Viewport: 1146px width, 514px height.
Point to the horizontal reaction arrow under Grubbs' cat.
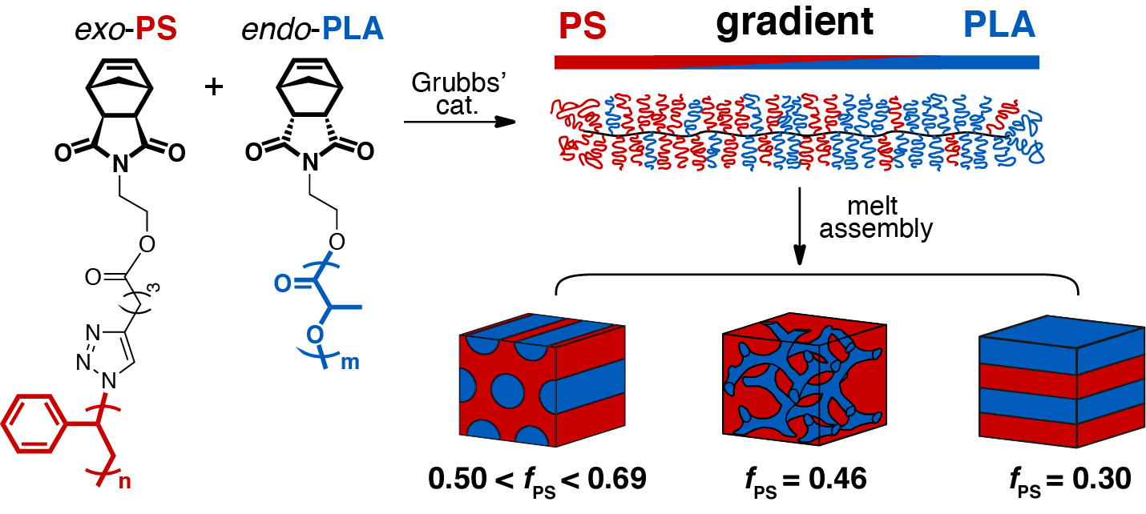point(458,122)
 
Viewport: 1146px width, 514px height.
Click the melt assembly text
point(894,218)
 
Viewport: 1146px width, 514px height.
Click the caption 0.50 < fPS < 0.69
point(537,480)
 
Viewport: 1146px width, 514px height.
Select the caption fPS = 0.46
point(802,480)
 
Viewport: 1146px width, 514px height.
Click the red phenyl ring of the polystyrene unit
point(34,419)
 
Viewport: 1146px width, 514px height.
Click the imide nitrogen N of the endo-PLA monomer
point(308,166)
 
